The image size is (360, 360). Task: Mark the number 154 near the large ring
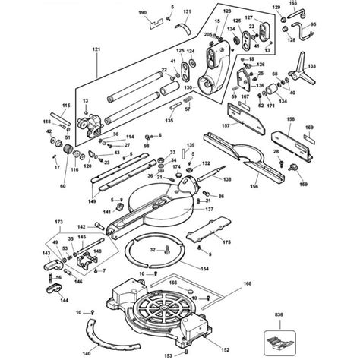point(204,268)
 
